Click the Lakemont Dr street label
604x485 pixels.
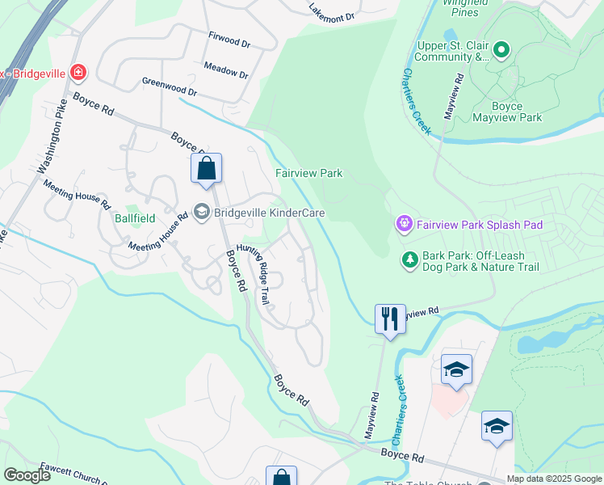(332, 12)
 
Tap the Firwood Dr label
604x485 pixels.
(229, 40)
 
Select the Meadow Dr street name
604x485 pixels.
(226, 70)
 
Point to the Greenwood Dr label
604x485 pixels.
(169, 86)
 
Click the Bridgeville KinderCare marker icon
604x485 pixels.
(202, 212)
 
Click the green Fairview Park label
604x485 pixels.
(308, 173)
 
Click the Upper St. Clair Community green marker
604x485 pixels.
(501, 51)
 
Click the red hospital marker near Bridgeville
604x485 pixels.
(78, 73)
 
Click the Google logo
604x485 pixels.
(27, 475)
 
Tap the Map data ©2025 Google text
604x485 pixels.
(553, 478)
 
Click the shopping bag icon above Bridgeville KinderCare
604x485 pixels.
(206, 168)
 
